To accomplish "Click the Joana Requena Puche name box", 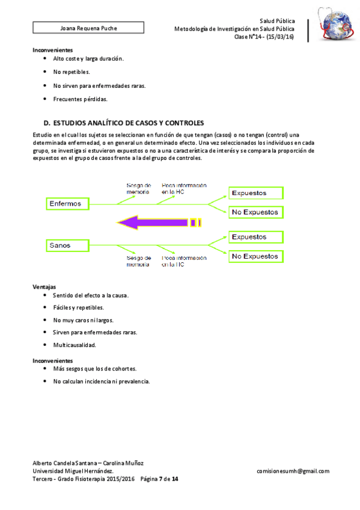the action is pos(88,28).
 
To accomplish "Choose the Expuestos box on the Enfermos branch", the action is pos(256,193).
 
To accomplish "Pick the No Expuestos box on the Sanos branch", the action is pos(255,256).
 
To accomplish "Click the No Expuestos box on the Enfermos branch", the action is pos(255,212).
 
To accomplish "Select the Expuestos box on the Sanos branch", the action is pos(256,237).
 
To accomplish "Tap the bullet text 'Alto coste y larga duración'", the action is pos(88,59).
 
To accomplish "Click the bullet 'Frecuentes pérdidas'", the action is pos(80,99).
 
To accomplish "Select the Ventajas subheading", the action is pos(44,287).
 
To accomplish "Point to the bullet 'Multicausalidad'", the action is pos(75,345).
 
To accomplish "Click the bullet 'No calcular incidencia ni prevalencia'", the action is pos(101,381).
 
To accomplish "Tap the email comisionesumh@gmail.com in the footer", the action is pos(293,472).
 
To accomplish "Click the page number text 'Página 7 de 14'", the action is pos(159,479).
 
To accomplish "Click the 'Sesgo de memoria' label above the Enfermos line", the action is pos(138,188).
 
